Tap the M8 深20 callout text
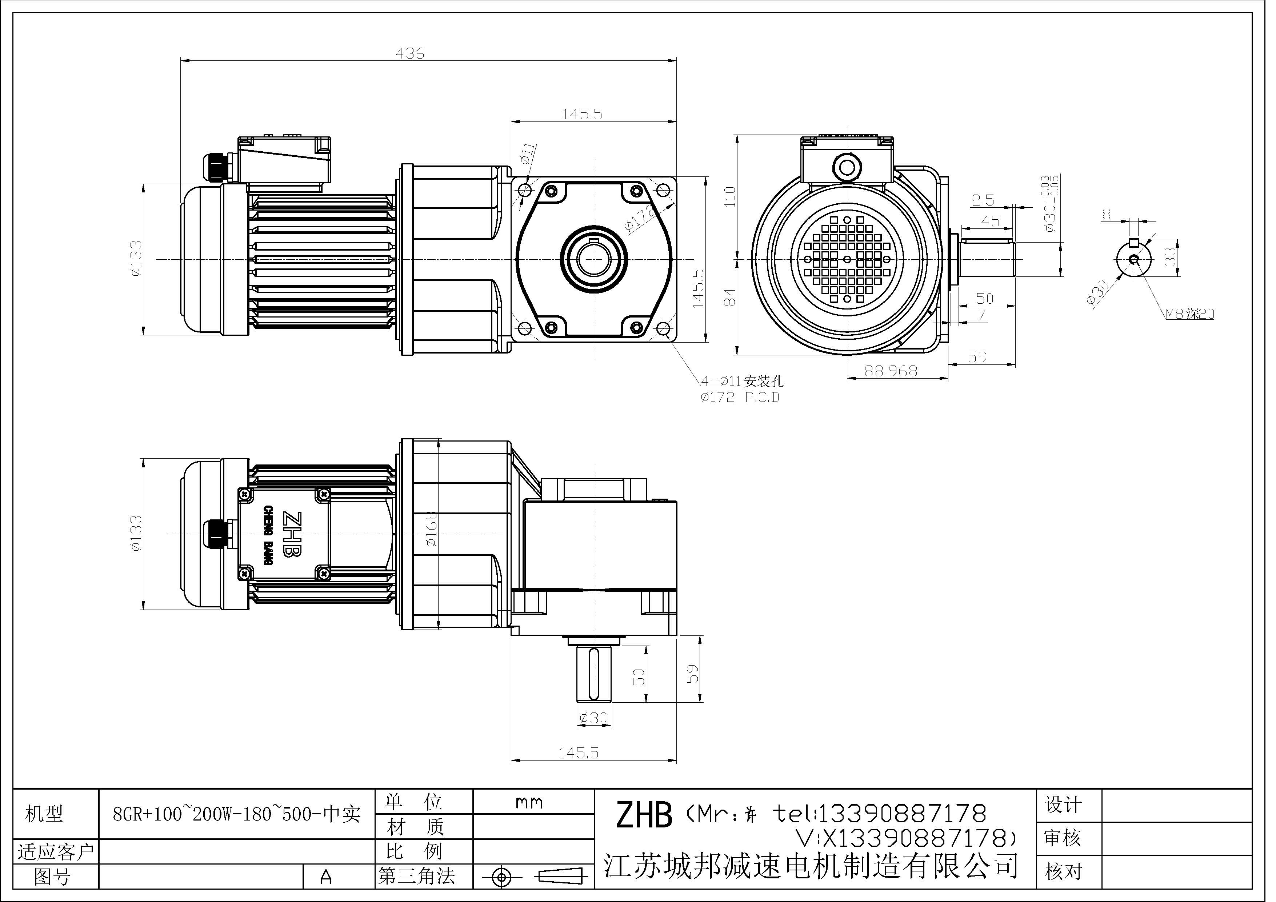(1189, 314)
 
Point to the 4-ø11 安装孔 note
(742, 381)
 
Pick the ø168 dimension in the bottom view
(432, 529)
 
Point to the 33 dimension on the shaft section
(1171, 256)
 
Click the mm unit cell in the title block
(528, 802)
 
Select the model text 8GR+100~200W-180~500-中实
(237, 815)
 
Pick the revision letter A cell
(326, 877)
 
